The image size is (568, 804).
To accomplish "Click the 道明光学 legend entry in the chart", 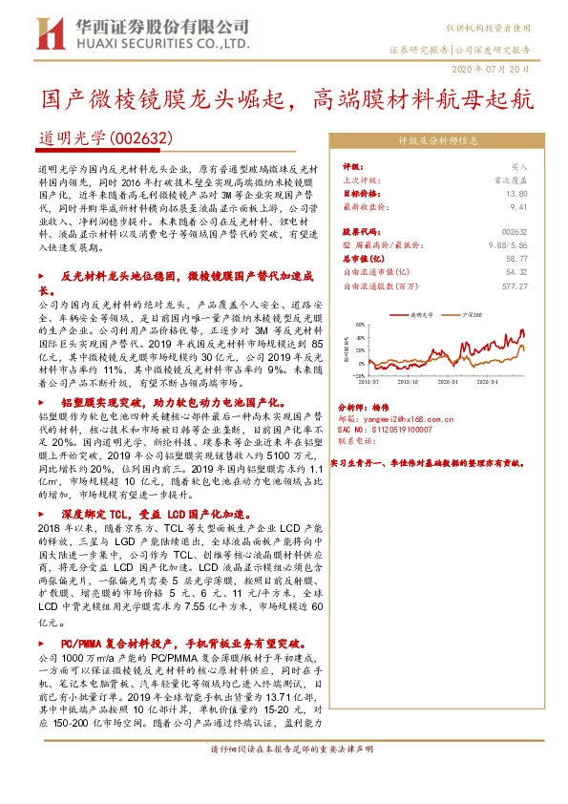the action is tap(420, 312).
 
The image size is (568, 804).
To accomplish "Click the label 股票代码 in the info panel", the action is tap(359, 231).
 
